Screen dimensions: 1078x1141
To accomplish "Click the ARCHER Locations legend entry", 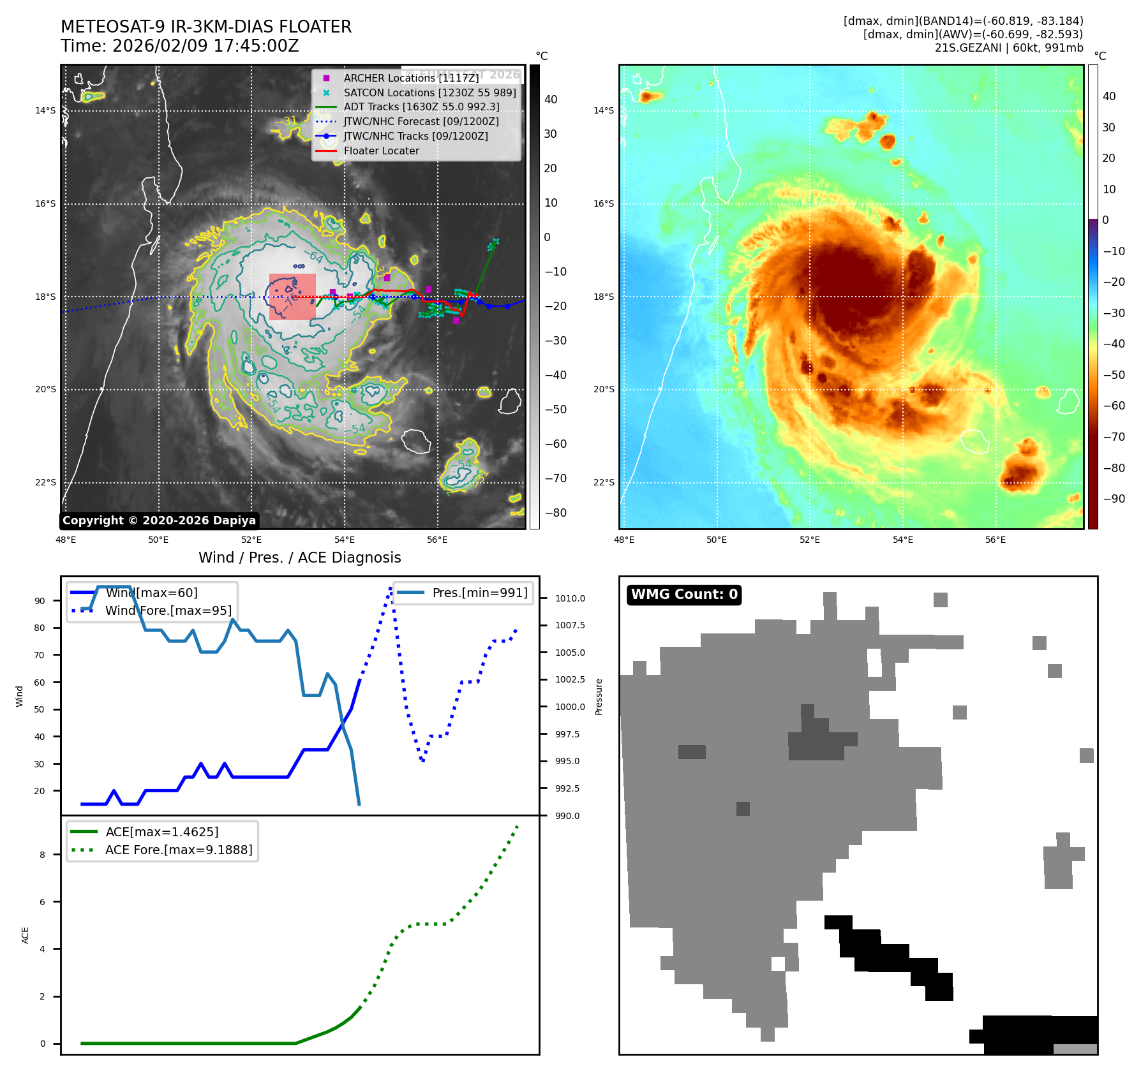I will (411, 78).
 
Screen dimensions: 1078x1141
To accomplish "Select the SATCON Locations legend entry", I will (429, 92).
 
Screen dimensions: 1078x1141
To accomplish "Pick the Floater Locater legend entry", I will (381, 151).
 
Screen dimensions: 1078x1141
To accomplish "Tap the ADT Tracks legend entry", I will (421, 107).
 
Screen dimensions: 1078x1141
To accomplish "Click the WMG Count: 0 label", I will (684, 594).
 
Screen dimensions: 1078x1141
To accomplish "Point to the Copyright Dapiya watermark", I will (159, 521).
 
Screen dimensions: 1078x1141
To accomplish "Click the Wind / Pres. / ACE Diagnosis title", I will (300, 557).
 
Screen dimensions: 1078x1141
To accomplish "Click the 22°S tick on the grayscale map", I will (45, 482).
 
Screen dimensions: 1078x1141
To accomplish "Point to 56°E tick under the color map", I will (996, 540).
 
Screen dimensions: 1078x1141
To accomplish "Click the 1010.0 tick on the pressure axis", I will (570, 598).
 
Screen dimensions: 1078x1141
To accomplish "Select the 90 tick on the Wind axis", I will (40, 601).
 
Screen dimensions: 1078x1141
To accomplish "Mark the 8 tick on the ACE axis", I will (43, 855).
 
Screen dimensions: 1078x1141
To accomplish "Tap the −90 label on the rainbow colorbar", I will (1114, 499).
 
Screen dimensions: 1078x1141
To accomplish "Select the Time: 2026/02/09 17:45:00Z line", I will (179, 46).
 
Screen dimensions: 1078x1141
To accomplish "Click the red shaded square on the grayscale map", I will (292, 297).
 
